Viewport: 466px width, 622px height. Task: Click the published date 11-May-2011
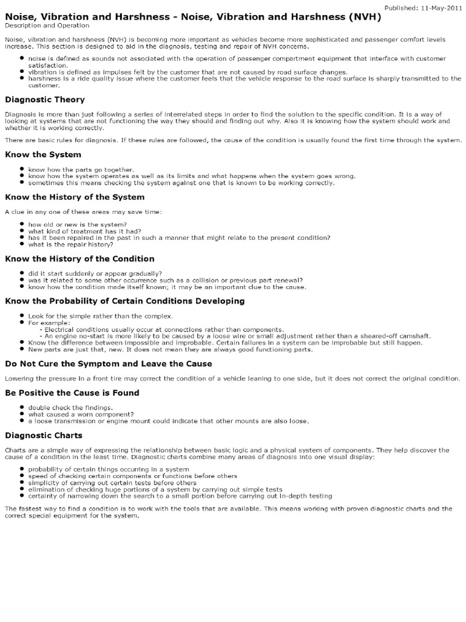(441, 7)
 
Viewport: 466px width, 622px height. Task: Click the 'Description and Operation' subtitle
(47, 26)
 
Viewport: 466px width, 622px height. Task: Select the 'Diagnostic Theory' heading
(45, 100)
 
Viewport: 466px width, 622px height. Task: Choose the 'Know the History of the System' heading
(75, 197)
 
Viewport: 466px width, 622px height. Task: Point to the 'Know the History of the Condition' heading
(79, 259)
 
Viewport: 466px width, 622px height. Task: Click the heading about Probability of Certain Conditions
(124, 301)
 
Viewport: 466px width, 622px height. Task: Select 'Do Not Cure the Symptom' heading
(109, 364)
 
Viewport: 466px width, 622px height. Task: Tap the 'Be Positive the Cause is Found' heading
(72, 393)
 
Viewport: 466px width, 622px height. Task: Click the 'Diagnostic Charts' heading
(44, 435)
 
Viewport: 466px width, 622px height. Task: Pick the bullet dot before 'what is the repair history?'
(21, 244)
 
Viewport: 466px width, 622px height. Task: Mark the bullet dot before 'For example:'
(21, 322)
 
